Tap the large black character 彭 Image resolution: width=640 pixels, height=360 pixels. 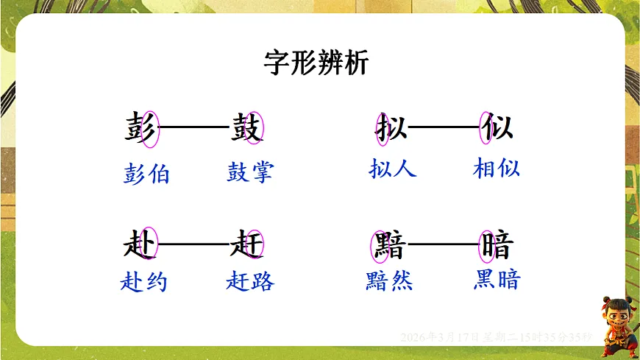tap(140, 128)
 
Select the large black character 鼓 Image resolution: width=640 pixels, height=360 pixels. tap(247, 128)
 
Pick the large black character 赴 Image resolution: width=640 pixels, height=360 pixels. tap(140, 244)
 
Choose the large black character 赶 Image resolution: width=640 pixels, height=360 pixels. tap(247, 244)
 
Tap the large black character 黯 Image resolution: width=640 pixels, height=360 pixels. tap(389, 245)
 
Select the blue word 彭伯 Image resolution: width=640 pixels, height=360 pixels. tap(146, 174)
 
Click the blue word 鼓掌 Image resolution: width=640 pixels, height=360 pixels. tap(250, 172)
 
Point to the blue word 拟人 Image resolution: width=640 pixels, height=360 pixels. tap(392, 169)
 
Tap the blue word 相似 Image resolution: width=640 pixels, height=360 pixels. tap(497, 169)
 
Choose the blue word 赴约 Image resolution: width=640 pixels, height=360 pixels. tap(143, 282)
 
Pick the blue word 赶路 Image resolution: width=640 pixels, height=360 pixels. tap(250, 281)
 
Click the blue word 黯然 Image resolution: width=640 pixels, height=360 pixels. tap(389, 280)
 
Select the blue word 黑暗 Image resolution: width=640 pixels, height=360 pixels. tap(497, 280)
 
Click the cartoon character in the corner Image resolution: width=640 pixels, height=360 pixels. tap(616, 325)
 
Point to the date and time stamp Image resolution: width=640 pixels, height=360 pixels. tap(496, 336)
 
